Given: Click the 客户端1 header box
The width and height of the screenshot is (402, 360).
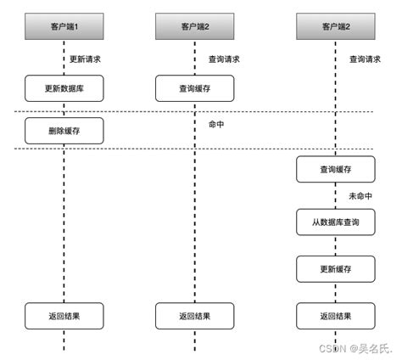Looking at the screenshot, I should [64, 28].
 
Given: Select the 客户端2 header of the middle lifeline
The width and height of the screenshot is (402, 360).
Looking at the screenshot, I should [194, 28].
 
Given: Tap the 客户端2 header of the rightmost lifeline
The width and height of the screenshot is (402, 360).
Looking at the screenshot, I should [335, 28].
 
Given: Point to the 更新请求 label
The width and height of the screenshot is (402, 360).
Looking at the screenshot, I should [87, 59].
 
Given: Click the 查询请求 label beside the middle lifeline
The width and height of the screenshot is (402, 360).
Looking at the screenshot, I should [224, 59].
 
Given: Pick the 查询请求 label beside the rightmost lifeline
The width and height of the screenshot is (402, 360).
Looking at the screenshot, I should [365, 59].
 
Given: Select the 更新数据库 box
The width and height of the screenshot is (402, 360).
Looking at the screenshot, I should [64, 88].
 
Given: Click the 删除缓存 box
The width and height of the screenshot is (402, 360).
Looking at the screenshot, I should [64, 130].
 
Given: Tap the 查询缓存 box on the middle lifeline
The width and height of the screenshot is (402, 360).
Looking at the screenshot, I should [194, 88].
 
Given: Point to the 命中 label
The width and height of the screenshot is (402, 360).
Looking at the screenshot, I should [217, 124].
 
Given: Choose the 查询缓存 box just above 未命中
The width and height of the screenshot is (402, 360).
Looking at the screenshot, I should [335, 170].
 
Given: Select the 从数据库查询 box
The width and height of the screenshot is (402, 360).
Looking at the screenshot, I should [335, 223].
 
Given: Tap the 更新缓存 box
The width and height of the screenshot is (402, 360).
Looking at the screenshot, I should [335, 269].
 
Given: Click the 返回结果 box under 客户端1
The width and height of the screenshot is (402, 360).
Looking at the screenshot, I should [64, 315].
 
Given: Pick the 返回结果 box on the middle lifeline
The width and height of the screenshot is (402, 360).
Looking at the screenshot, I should [194, 315].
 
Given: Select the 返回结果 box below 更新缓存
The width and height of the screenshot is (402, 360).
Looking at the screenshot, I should [335, 315].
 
